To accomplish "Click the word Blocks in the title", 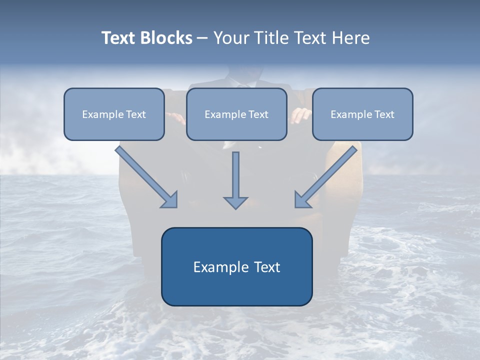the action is click(166, 37).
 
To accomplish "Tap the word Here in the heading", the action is click(351, 37).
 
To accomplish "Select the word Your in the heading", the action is click(232, 37).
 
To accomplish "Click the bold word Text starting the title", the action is click(118, 37).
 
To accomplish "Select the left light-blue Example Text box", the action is click(114, 114).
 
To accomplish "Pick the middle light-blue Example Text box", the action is click(236, 114).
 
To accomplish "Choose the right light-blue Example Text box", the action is click(363, 114).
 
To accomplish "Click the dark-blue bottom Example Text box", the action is click(237, 266).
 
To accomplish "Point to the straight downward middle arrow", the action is click(235, 180).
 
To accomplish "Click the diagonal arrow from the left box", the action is click(146, 177).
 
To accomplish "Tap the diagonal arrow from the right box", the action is click(325, 177).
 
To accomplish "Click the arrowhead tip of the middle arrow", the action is click(235, 209).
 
